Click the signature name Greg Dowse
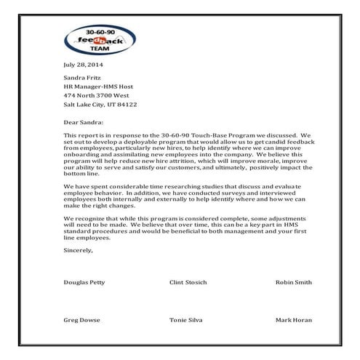coord(81,320)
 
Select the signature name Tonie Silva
coord(185,320)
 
